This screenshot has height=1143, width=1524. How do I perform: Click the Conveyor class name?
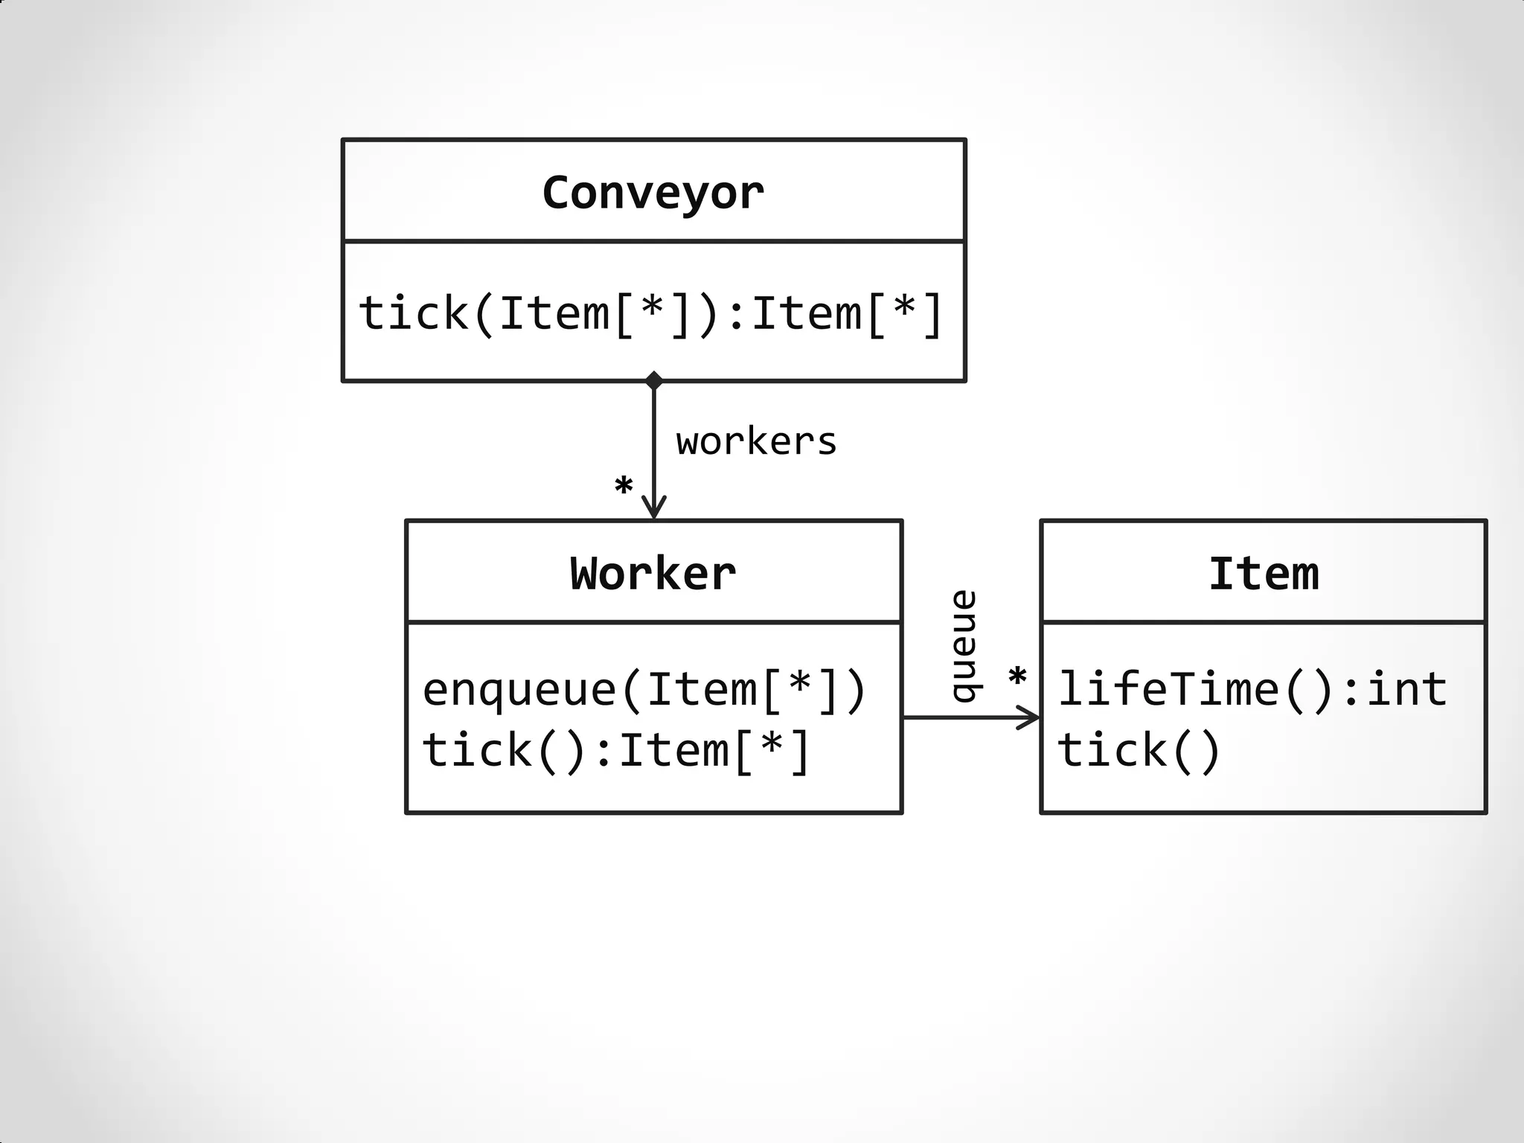(653, 193)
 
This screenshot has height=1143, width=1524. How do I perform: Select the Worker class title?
(653, 574)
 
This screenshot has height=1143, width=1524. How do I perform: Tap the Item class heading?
(1263, 574)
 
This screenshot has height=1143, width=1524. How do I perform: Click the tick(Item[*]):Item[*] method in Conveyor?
(651, 313)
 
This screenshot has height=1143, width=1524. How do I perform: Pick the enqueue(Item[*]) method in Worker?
(644, 689)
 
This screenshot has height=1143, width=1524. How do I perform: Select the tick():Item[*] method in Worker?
(615, 749)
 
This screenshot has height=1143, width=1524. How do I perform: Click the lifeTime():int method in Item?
(1252, 689)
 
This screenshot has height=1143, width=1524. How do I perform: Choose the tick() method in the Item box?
(1139, 749)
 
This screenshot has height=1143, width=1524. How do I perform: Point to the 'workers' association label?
(756, 442)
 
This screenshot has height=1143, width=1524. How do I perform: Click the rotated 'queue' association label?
(964, 646)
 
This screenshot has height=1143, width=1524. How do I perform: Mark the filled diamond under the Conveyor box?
(653, 381)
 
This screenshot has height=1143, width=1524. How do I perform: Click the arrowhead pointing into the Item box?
(1030, 718)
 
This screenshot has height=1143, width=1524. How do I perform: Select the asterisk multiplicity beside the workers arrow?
(624, 487)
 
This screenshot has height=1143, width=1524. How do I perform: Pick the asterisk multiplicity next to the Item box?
(1016, 678)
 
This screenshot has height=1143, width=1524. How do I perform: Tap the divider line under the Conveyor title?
(653, 242)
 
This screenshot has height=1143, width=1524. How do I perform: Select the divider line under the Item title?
(1263, 621)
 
